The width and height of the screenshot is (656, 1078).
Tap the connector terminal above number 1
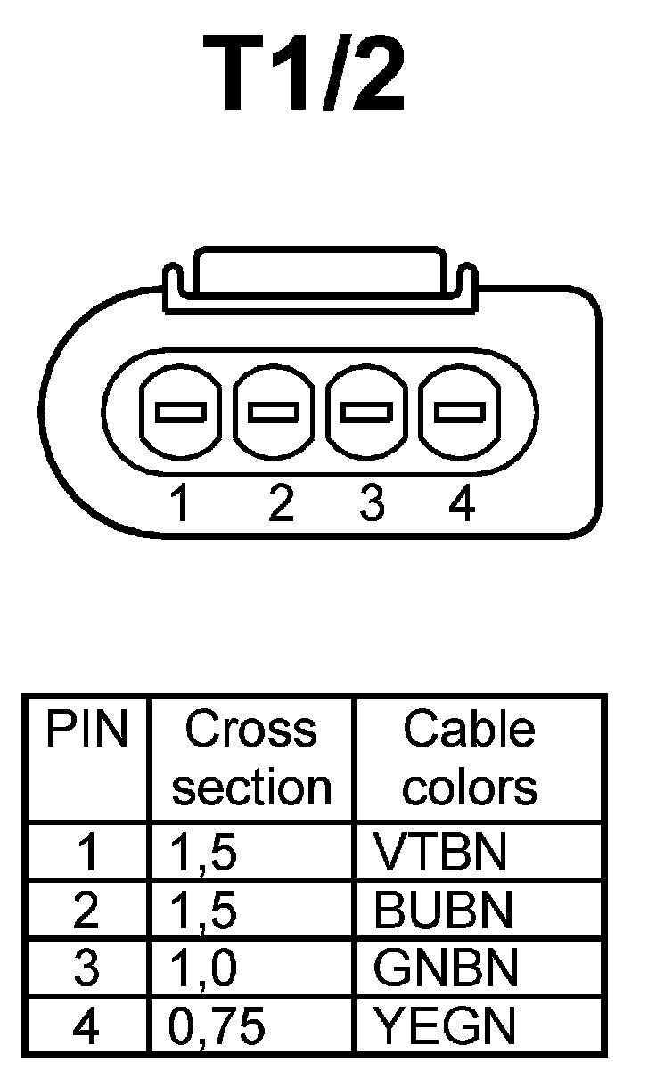point(181,412)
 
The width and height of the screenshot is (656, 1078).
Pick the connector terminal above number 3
point(368,412)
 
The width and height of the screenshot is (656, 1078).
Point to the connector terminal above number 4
point(461,412)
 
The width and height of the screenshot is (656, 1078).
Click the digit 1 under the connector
point(181,504)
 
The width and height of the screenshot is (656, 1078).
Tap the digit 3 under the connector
point(372,504)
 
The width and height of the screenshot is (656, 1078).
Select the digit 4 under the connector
point(462,504)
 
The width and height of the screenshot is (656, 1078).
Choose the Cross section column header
point(251,758)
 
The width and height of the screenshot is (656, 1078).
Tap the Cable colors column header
point(470,758)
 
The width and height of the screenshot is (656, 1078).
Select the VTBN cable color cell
point(439,853)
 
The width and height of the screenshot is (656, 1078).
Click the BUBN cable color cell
point(443,910)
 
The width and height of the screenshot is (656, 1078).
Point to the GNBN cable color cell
point(445,968)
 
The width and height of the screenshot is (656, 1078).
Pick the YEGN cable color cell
point(445,1026)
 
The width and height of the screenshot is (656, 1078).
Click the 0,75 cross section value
point(217,1027)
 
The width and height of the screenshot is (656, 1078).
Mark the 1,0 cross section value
point(204,969)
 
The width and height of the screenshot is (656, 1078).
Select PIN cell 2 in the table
point(87,910)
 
